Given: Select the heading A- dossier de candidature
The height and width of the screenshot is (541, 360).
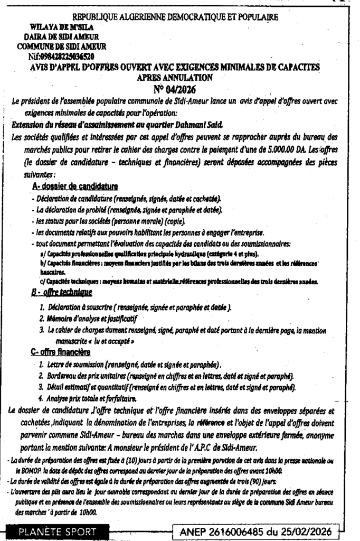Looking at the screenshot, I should point(75,186).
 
